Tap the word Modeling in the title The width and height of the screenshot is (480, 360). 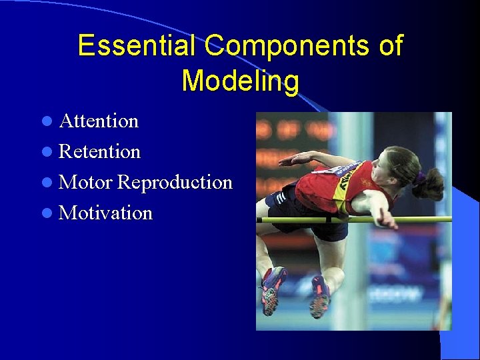coord(240,81)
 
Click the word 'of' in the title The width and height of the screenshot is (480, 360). coord(389,46)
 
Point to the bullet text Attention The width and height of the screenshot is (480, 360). coord(99,121)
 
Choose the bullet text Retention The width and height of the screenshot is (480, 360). coord(99,152)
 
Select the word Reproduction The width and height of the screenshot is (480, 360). coord(175,183)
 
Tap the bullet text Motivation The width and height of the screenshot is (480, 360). coord(105,213)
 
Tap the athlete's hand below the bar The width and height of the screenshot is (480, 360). coord(386,219)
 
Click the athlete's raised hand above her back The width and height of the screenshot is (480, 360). coord(289,160)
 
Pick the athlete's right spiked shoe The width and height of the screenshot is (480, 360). coord(319,297)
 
